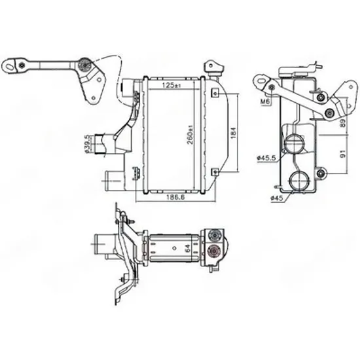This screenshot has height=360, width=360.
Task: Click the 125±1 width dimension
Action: (171, 85)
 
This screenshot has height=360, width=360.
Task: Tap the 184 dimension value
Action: (233, 133)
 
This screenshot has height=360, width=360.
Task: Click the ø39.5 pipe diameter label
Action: (87, 144)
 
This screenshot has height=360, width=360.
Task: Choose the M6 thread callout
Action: (265, 101)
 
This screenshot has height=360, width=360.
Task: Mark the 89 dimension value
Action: (343, 124)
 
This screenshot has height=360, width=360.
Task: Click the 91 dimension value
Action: (343, 154)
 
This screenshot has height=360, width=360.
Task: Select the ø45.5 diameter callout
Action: (266, 158)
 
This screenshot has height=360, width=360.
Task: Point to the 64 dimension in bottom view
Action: (188, 248)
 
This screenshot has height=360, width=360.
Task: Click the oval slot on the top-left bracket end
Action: (9, 66)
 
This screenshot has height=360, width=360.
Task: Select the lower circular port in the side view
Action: (299, 181)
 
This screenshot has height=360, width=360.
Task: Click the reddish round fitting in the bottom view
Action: (215, 251)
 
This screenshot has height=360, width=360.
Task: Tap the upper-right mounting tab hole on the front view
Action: (215, 94)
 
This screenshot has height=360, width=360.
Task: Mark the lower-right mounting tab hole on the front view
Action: (215, 171)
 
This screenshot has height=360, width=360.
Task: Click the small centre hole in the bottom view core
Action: (175, 248)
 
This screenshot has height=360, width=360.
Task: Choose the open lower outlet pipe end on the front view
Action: (107, 181)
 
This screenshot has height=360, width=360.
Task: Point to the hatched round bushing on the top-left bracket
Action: (84, 65)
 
